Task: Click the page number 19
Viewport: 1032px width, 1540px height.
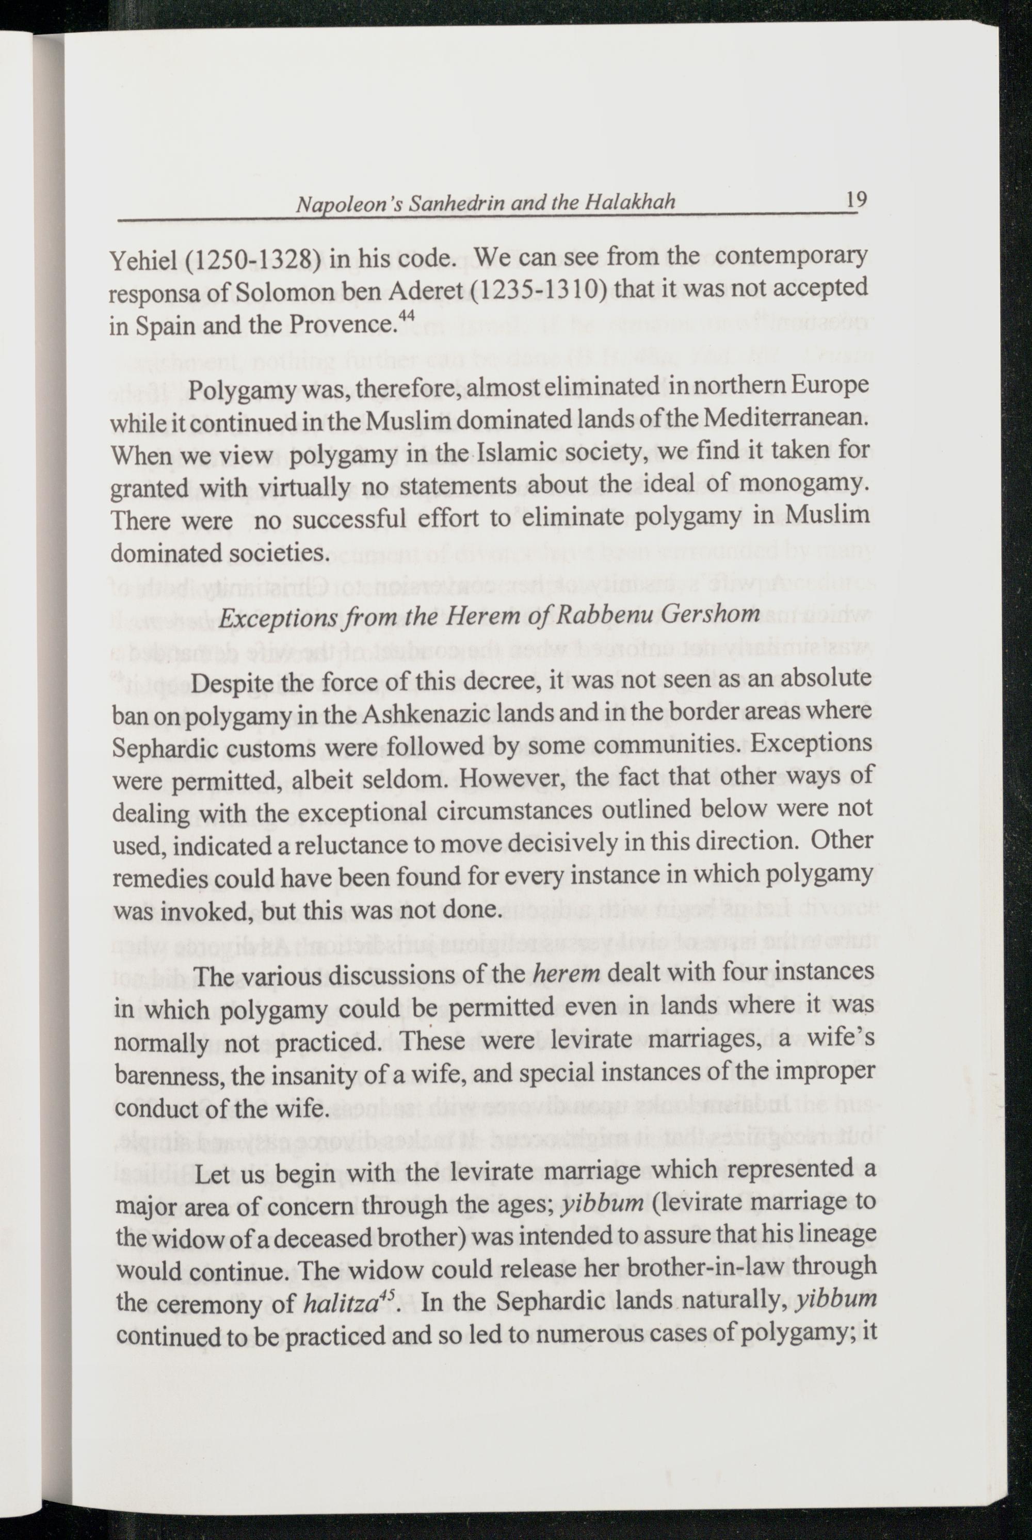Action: click(856, 199)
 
